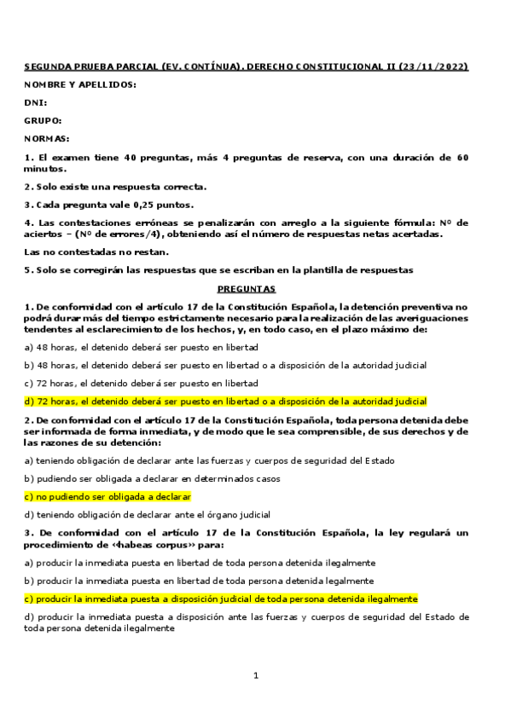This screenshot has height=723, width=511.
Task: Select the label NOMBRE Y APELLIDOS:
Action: (80, 84)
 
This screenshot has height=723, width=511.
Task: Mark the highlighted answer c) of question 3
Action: (221, 599)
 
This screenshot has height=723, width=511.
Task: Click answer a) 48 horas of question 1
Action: (142, 347)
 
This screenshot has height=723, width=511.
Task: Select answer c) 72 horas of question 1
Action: (142, 383)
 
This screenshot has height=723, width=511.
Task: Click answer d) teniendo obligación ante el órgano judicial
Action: (148, 514)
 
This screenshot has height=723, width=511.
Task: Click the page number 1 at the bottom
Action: (255, 675)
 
